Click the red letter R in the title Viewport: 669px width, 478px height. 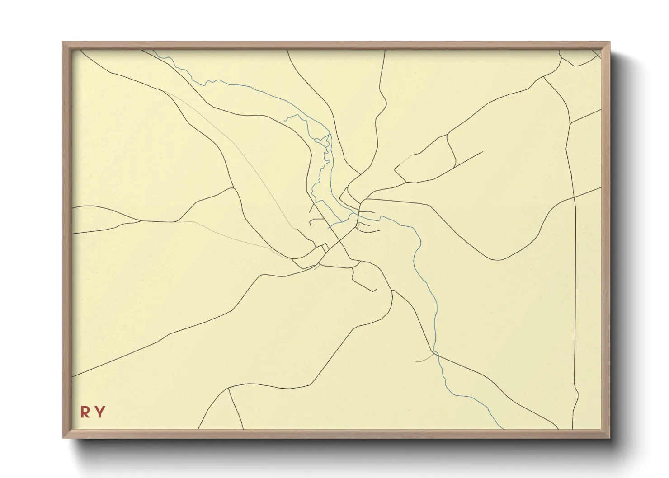[x=85, y=412]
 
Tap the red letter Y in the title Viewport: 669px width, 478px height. [x=100, y=412]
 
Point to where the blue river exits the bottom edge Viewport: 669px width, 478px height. [x=503, y=429]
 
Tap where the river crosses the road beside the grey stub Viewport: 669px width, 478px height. [x=436, y=354]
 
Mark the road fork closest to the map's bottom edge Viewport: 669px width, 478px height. [x=229, y=388]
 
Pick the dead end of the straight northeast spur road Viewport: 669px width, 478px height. [x=483, y=152]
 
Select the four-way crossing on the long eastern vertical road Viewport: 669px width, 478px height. [x=574, y=197]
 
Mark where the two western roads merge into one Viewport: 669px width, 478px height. [x=140, y=221]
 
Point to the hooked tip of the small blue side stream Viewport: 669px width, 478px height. [x=286, y=120]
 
